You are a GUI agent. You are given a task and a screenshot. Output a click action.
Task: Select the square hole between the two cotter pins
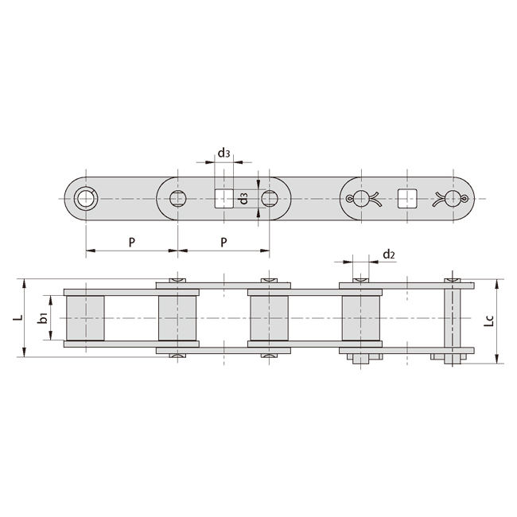[x=407, y=198]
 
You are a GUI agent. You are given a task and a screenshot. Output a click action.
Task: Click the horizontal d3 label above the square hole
[x=224, y=152]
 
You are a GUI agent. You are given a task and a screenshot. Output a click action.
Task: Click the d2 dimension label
[x=388, y=255]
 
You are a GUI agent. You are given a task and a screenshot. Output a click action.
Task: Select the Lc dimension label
[x=491, y=321]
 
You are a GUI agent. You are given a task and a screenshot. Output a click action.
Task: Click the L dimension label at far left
[x=16, y=318]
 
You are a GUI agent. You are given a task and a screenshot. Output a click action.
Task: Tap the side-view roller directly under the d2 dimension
[x=361, y=318]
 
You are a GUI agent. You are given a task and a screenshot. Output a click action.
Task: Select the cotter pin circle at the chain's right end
[x=453, y=198]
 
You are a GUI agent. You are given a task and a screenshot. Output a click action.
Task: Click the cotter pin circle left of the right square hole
[x=362, y=198]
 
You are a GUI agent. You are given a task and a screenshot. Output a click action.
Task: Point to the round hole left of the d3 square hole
[x=177, y=197]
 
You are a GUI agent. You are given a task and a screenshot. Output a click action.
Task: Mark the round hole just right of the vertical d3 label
[x=270, y=197]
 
